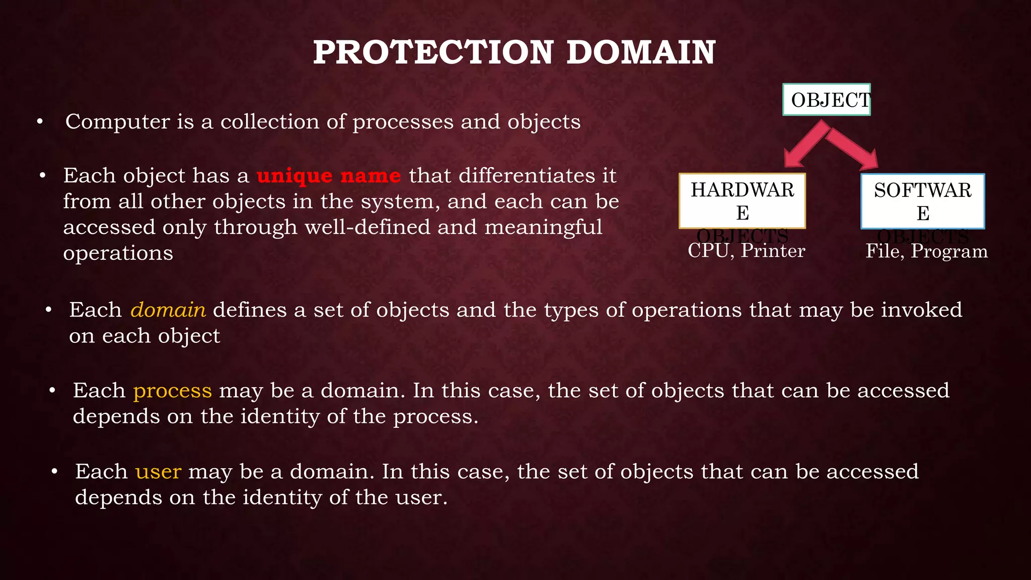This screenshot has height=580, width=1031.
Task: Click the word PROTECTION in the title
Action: tap(433, 52)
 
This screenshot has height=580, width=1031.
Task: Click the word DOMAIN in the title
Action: tap(640, 52)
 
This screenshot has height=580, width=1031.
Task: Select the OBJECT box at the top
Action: tap(827, 100)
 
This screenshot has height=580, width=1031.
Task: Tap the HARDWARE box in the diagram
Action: tap(742, 201)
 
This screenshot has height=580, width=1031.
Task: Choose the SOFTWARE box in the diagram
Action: tap(922, 201)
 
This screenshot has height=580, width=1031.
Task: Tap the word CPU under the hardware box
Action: tap(708, 251)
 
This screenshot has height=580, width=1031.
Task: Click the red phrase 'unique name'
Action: tap(329, 176)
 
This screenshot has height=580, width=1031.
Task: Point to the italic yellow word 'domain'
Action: tap(168, 310)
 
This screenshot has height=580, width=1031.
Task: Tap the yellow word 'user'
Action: tap(158, 472)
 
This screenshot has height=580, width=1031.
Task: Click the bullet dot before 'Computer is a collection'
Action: tap(40, 122)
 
